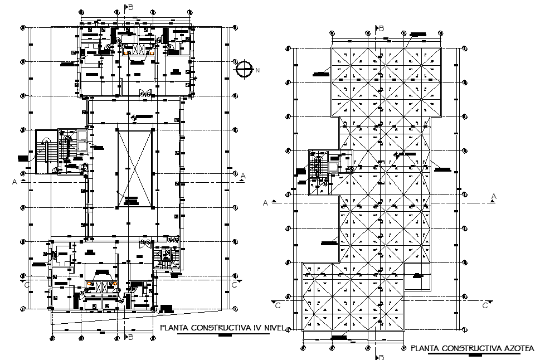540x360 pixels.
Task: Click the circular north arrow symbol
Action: click(x=244, y=69)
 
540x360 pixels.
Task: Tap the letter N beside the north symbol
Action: click(x=257, y=70)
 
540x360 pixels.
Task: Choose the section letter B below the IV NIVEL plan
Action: click(x=130, y=338)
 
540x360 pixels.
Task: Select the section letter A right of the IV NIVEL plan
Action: click(x=244, y=176)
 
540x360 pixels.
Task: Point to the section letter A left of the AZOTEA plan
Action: click(x=266, y=203)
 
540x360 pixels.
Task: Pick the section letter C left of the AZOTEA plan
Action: click(x=277, y=305)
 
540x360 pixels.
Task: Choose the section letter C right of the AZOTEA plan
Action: click(x=485, y=305)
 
